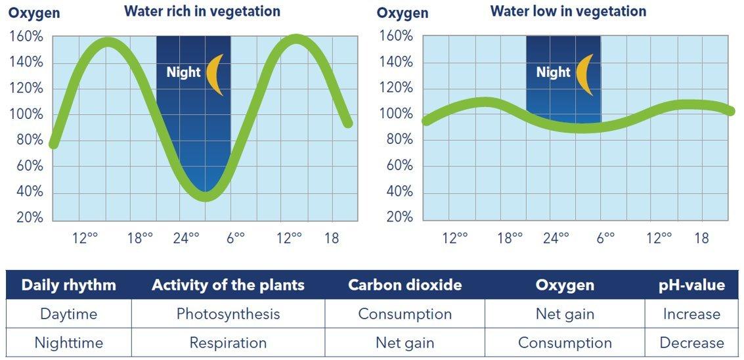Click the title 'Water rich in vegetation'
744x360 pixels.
(202, 11)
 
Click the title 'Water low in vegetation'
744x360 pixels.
(568, 11)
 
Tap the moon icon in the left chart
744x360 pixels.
(214, 74)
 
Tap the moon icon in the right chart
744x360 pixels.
(584, 74)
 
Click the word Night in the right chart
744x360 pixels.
(554, 72)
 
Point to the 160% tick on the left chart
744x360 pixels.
(26, 36)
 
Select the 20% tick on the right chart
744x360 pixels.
(396, 217)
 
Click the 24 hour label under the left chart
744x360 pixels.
(186, 237)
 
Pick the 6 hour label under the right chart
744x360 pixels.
(605, 237)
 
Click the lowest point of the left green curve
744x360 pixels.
(206, 195)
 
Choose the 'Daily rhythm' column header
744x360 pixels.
(68, 285)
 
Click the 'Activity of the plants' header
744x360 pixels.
(228, 285)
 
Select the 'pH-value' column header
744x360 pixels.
(691, 285)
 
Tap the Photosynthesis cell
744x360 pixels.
(228, 314)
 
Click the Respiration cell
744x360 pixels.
(228, 343)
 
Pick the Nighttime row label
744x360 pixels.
(68, 343)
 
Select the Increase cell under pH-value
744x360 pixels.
(691, 314)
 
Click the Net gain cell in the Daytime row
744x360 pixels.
(565, 314)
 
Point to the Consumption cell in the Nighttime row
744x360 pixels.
(565, 343)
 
